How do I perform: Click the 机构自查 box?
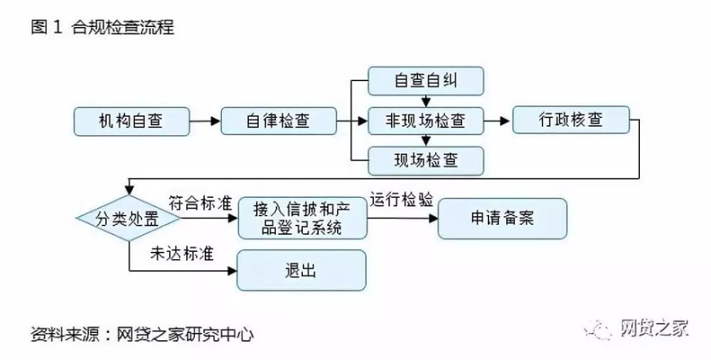132,121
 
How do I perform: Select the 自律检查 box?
279,121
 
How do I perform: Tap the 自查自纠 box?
426,81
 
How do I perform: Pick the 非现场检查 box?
426,121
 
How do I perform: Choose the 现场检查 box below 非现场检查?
426,161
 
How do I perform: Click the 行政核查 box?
571,120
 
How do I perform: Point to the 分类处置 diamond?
128,219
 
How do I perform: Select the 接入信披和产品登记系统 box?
302,218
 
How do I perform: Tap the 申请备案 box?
503,218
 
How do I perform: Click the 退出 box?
301,270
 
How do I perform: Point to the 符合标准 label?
201,203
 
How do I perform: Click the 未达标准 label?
182,254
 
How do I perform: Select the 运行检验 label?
402,200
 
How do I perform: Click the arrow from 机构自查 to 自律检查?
205,121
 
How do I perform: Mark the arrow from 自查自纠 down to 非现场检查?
426,100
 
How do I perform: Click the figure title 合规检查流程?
122,27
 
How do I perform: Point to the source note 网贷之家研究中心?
185,335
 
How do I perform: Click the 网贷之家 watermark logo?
636,328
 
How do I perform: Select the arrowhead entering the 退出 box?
232,271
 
